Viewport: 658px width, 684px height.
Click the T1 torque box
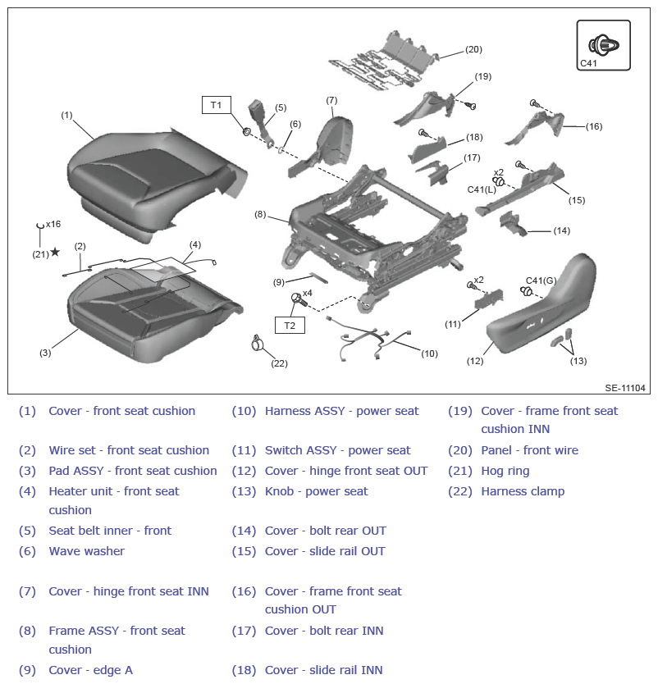[x=216, y=105]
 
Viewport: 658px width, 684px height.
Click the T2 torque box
[x=290, y=326]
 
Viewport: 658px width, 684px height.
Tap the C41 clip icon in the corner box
[x=604, y=44]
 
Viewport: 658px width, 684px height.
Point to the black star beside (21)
[x=55, y=252]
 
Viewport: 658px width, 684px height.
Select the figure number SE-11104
[x=625, y=388]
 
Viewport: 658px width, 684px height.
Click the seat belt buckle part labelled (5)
[x=259, y=123]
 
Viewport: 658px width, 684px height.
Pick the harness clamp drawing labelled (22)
[x=258, y=343]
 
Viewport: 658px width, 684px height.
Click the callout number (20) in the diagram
[x=473, y=49]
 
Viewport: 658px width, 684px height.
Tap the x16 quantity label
[x=53, y=224]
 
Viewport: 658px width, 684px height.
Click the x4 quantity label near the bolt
[x=308, y=293]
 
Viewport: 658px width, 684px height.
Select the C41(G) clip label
[x=541, y=280]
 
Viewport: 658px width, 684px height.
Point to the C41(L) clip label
[x=482, y=189]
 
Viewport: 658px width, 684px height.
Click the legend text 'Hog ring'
[x=505, y=471]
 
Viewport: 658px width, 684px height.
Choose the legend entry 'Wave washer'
[x=87, y=551]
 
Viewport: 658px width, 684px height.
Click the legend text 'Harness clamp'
[x=523, y=491]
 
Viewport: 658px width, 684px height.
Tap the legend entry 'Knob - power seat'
[x=317, y=491]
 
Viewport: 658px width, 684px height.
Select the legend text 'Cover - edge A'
[x=91, y=670]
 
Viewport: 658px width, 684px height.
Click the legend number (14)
[x=244, y=531]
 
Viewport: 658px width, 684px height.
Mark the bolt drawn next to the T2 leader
[x=299, y=299]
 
